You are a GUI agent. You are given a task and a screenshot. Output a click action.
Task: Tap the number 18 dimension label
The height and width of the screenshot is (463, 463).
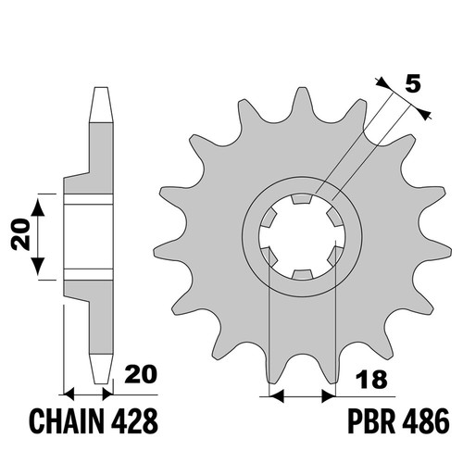point(371,380)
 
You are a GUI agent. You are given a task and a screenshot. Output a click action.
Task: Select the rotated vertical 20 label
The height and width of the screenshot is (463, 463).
point(20,234)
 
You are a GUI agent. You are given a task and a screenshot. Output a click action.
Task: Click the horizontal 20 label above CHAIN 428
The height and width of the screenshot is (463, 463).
point(141,374)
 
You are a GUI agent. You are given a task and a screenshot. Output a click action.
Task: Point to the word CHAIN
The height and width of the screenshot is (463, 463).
point(68,421)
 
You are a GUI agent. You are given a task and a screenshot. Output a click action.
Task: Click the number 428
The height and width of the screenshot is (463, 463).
point(134,421)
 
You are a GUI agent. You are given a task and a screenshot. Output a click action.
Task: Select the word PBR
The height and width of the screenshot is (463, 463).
point(371,421)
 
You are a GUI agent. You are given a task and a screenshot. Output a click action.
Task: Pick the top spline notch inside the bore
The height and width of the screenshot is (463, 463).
point(301,199)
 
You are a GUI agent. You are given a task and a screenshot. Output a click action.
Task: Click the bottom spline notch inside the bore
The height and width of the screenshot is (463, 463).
point(301,274)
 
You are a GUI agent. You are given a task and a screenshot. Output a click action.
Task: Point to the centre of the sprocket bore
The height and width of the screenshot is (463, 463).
point(301,237)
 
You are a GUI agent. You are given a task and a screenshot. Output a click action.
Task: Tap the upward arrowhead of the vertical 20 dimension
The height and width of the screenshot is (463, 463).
point(38,206)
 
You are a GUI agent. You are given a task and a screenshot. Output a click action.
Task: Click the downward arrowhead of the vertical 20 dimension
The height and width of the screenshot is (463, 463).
point(38,266)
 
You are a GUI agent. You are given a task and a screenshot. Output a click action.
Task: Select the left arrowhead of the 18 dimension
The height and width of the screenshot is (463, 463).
point(276,395)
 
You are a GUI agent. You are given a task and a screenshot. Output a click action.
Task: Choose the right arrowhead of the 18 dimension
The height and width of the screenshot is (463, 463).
point(328,395)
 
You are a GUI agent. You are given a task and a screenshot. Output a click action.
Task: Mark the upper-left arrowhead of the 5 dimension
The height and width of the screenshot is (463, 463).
point(383,83)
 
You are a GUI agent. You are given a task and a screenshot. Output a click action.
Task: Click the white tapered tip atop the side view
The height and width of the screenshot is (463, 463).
point(101,106)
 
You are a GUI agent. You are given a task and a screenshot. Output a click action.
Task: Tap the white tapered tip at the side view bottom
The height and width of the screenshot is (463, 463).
point(101,369)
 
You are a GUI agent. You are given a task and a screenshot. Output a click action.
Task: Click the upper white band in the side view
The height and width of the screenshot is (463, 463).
point(88,199)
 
